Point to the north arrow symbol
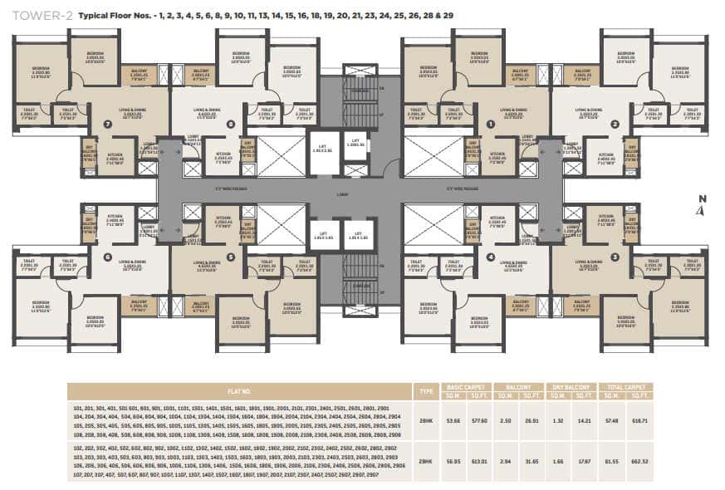702,206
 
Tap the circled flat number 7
107,124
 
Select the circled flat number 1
491,124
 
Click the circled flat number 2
615,124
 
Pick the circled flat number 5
230,257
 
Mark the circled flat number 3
615,257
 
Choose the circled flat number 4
491,257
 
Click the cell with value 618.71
639,421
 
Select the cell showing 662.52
639,460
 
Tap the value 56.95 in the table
453,460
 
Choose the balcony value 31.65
531,460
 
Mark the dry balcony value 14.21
585,421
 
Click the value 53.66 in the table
453,421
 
